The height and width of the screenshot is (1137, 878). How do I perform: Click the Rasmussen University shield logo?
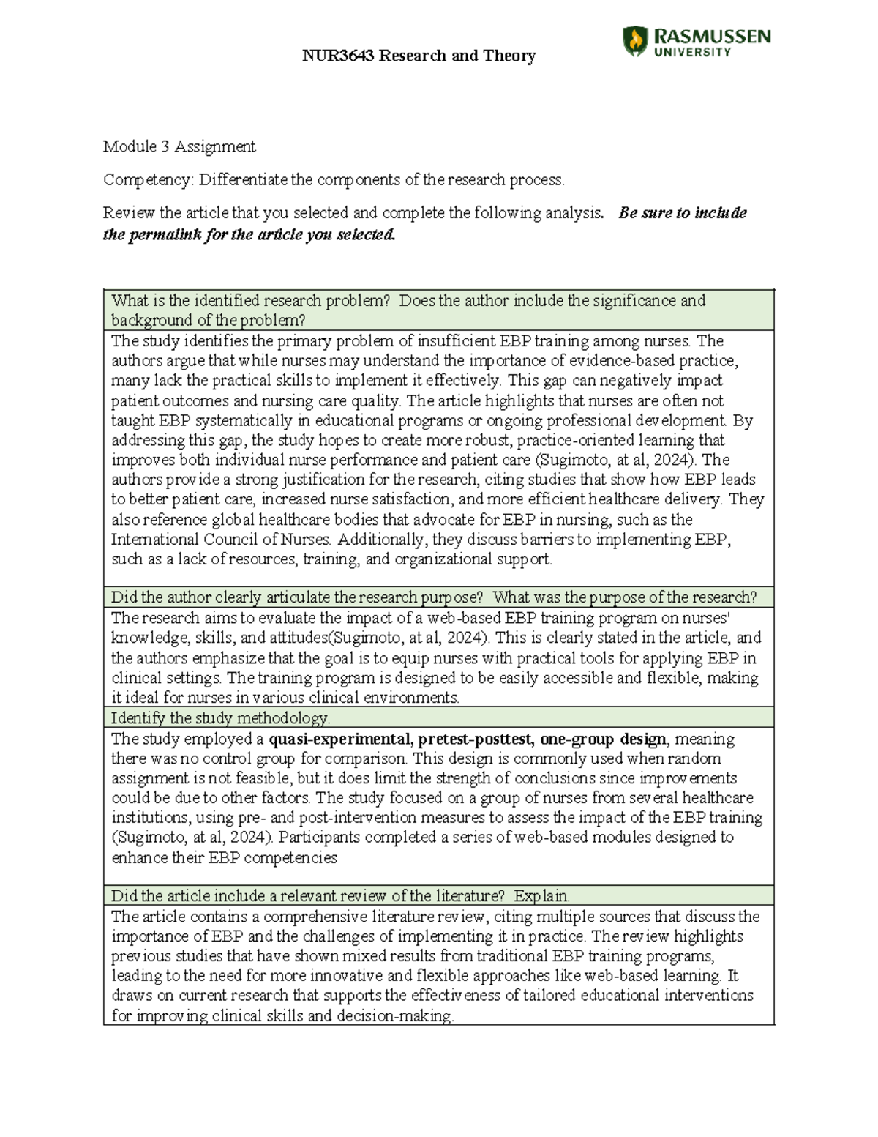(634, 41)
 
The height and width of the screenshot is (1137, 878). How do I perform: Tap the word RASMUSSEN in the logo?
(711, 36)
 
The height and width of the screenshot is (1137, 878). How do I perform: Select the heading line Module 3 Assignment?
(179, 146)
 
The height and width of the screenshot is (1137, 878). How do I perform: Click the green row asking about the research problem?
(438, 310)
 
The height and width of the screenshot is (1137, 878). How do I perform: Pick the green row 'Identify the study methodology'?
(438, 717)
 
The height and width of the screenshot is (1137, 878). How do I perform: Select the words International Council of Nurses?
(220, 540)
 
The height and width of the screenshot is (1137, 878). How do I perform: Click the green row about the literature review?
(438, 895)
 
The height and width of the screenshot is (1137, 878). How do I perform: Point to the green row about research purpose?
(438, 597)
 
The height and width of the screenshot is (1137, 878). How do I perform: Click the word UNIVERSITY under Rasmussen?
(691, 52)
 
